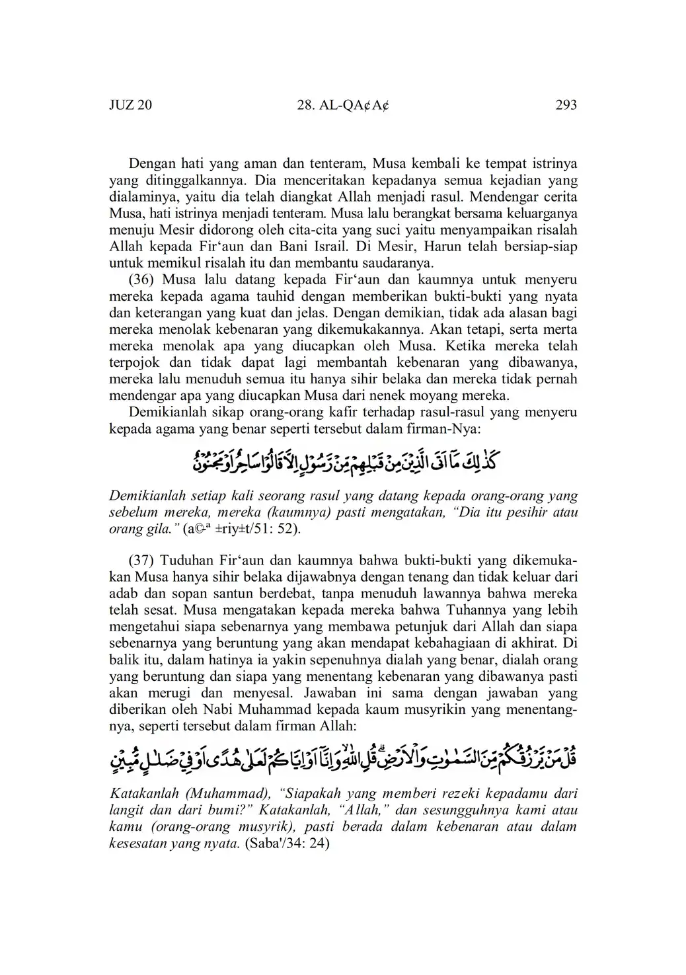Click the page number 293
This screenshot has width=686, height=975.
566,104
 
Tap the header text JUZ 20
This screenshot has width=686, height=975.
130,104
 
